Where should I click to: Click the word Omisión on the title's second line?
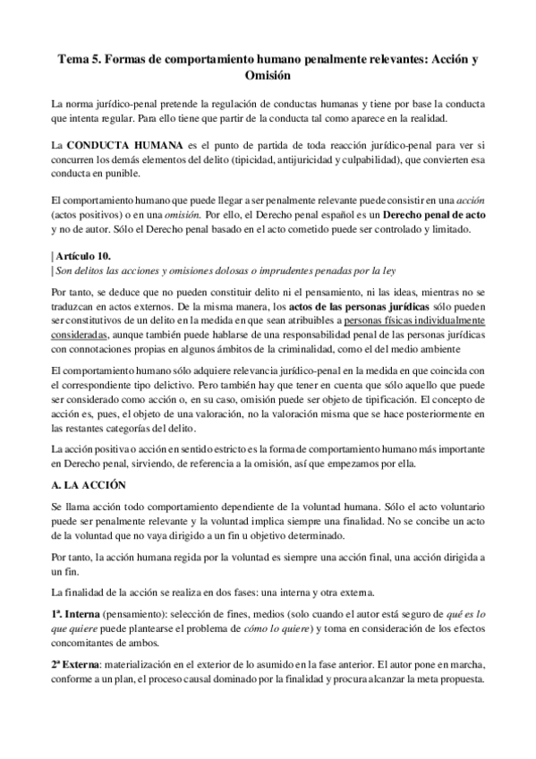point(268,77)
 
